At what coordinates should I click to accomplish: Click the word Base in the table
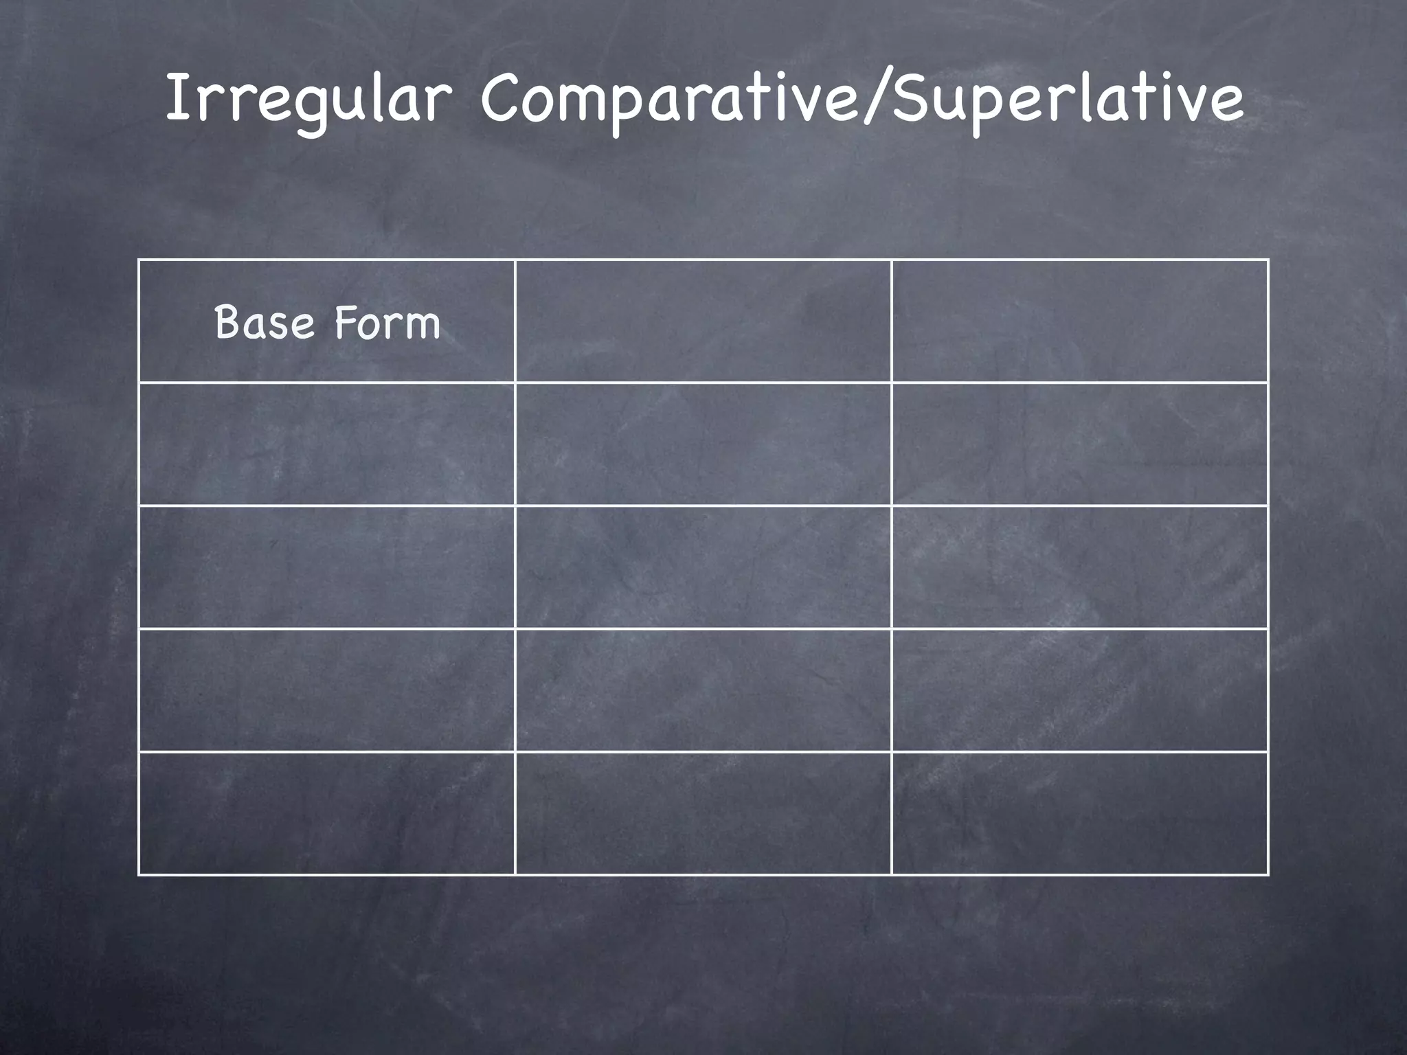[x=264, y=322]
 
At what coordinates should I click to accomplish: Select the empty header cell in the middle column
[x=703, y=321]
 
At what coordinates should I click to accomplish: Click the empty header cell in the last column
[x=1079, y=321]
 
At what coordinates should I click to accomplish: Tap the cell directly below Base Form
[x=326, y=444]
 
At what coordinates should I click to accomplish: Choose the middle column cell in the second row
[x=703, y=444]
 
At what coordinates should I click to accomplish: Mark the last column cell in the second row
[x=1079, y=444]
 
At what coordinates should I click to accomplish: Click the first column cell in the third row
[x=326, y=567]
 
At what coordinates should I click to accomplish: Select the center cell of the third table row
[x=703, y=567]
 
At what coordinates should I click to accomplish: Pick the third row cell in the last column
[x=1079, y=567]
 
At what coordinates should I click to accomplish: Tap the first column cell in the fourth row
[x=326, y=690]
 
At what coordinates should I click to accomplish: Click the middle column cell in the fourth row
[x=703, y=690]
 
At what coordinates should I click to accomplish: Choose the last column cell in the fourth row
[x=1079, y=690]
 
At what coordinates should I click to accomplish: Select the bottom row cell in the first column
[x=326, y=813]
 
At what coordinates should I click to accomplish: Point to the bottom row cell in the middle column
[x=703, y=813]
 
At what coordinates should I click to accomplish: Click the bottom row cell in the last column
[x=1079, y=813]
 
